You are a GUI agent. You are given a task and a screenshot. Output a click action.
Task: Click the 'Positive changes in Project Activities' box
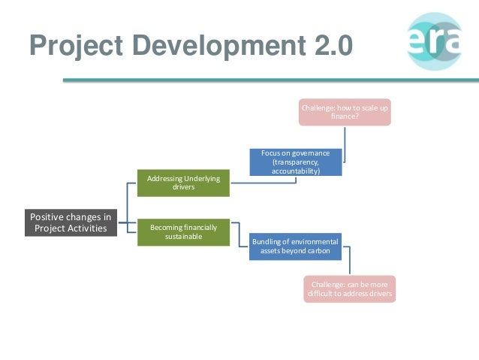point(70,222)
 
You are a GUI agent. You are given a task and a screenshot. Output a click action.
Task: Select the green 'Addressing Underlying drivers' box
point(183,183)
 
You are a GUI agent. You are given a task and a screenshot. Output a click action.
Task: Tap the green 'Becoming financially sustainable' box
point(183,231)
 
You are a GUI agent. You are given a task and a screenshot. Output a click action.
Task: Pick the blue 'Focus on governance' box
point(296,162)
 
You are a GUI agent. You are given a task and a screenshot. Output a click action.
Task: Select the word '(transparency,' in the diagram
point(296,162)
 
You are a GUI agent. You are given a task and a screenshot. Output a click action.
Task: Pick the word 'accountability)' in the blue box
point(296,171)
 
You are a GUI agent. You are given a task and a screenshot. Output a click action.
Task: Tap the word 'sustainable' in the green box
point(183,236)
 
